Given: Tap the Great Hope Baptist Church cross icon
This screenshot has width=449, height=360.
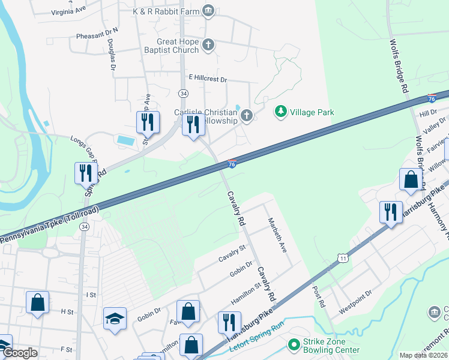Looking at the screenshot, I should tap(208, 44).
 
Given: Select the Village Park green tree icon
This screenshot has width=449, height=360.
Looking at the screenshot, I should tap(280, 111).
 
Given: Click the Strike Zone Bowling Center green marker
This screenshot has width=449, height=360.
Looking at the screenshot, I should tap(294, 344).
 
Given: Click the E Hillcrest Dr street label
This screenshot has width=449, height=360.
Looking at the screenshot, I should tap(208, 79).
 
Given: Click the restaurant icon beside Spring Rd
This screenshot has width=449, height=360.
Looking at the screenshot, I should tap(85, 173).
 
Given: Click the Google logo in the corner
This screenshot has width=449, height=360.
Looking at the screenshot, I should tap(20, 353).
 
